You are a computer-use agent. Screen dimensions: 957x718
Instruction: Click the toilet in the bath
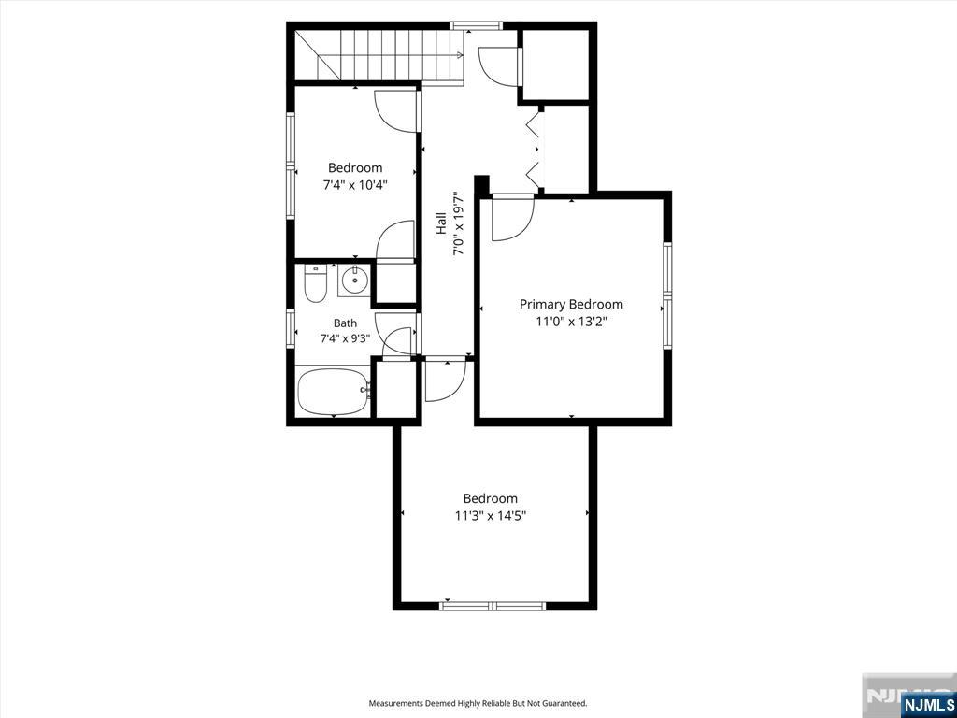pos(315,284)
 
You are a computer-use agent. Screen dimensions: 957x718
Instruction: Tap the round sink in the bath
pos(353,280)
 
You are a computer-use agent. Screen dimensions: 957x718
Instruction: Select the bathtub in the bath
pos(334,392)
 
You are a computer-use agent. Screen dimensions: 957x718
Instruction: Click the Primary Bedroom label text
pos(571,304)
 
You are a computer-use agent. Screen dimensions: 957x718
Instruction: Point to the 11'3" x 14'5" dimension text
pos(491,516)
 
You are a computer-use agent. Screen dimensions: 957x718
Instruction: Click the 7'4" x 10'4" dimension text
pos(356,184)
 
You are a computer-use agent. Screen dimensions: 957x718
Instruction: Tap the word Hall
pos(441,223)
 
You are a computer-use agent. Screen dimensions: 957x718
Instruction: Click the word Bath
pos(346,323)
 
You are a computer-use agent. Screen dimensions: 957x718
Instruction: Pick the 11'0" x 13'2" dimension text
pos(571,322)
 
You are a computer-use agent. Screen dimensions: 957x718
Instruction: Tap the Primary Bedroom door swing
pos(513,218)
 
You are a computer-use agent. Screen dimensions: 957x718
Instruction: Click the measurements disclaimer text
pos(478,704)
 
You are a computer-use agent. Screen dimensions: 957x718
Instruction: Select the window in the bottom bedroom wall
pos(493,606)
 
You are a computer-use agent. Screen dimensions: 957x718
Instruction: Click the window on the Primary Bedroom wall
pos(667,296)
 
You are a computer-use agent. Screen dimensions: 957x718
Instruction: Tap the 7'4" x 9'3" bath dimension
pos(346,338)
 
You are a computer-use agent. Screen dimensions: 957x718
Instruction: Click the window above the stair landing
pos(476,25)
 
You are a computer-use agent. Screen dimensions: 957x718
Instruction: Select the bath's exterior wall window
pos(292,330)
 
